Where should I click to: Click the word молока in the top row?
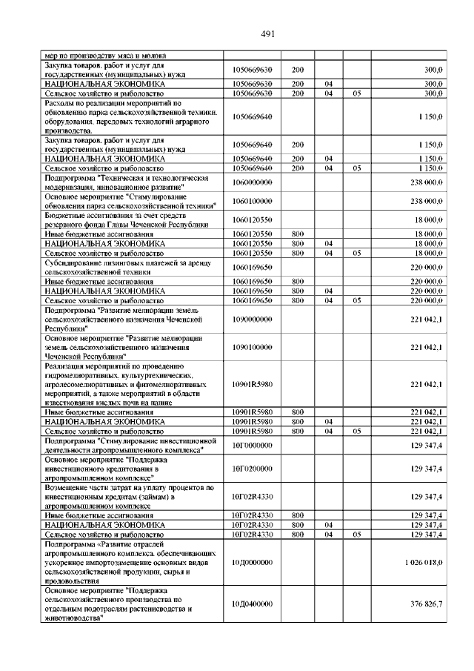click(x=153, y=56)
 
